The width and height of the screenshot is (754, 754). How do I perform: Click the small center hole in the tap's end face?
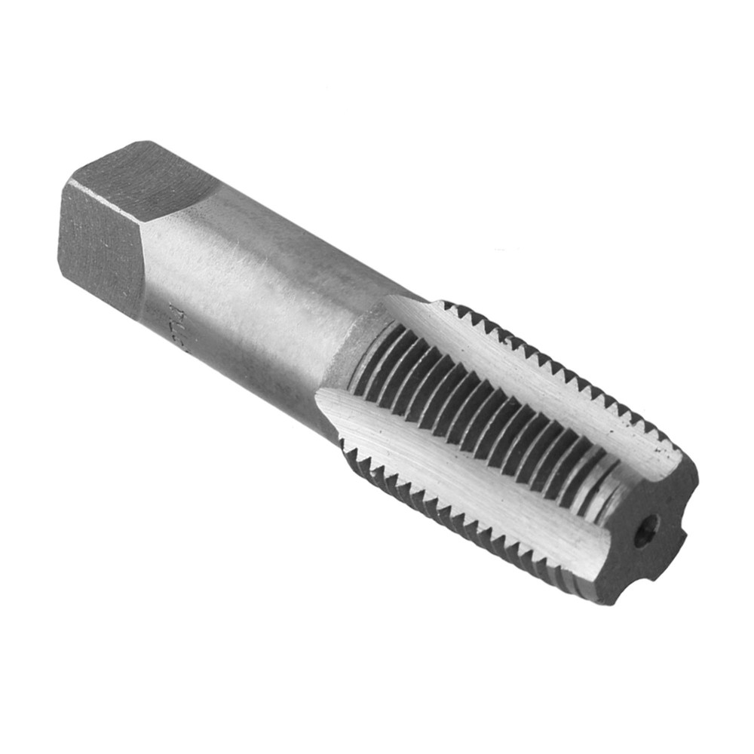[x=645, y=533]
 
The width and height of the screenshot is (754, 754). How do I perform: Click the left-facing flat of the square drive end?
[x=98, y=241]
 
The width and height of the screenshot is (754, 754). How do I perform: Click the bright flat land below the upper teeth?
[x=528, y=377]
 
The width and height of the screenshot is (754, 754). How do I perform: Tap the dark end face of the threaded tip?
[x=648, y=528]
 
